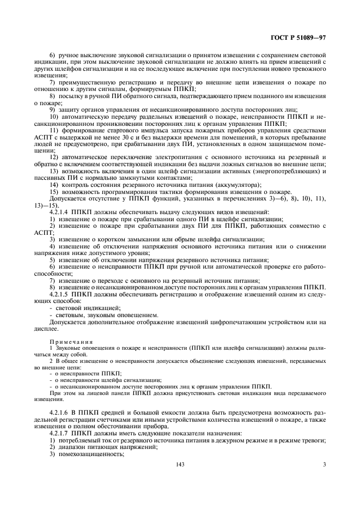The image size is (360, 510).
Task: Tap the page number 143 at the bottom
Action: click(x=180, y=480)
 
